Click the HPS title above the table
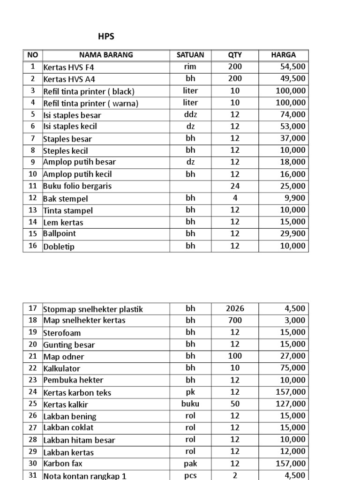[106, 37]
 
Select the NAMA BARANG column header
[106, 55]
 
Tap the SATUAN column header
[190, 55]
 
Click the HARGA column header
[283, 55]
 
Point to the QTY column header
[235, 55]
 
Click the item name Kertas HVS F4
[69, 67]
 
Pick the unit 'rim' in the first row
[190, 67]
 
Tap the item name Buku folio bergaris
[77, 186]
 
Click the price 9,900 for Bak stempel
[295, 198]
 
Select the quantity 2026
[235, 308]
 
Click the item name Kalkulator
[62, 369]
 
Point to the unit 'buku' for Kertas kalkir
[190, 404]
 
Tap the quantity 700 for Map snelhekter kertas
[235, 320]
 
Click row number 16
[32, 246]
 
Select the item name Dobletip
[59, 246]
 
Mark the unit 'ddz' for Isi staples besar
[190, 114]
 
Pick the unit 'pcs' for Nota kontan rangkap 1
[190, 475]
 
